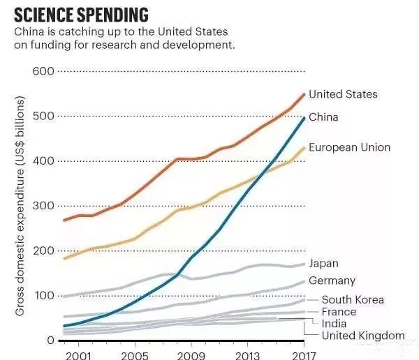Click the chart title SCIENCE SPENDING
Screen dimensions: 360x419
[x=80, y=14]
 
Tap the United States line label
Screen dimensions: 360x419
[x=342, y=94]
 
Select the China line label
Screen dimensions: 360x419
[x=323, y=117]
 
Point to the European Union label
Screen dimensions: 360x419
[x=349, y=147]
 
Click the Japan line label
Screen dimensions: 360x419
[x=323, y=263]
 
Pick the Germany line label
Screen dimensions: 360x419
[x=332, y=280]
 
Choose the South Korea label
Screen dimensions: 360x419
[x=352, y=300]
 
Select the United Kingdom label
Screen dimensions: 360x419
[x=362, y=336]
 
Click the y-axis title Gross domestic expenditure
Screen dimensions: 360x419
[x=20, y=206]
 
